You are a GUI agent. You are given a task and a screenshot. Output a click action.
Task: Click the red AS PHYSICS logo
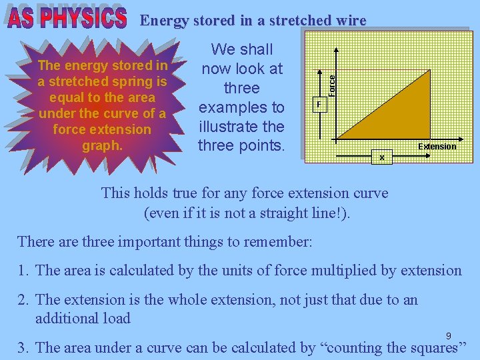(x=67, y=19)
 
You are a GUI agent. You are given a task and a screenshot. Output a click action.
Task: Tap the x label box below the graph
(x=381, y=157)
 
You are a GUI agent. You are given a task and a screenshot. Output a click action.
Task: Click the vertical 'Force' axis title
(x=331, y=82)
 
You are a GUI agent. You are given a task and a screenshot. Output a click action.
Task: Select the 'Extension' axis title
(x=437, y=146)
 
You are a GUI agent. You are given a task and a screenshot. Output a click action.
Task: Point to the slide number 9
(x=449, y=335)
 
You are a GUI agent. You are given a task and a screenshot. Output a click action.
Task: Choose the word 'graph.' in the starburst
(x=102, y=145)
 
